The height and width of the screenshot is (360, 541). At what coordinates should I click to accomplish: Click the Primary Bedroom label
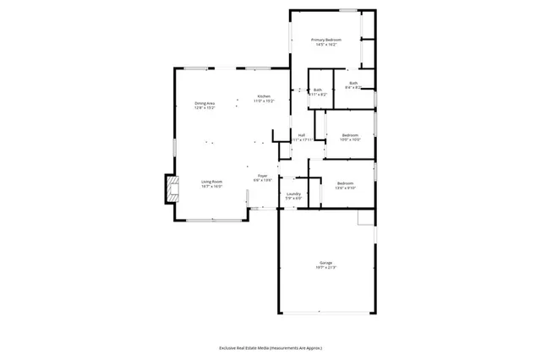(325, 39)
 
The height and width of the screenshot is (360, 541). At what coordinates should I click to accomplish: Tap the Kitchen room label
(264, 96)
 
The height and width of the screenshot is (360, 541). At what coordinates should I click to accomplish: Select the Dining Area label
(205, 104)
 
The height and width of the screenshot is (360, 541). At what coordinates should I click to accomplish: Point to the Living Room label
(211, 182)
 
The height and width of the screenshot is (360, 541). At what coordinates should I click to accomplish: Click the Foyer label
(263, 176)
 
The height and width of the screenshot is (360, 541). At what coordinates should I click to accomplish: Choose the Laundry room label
(293, 194)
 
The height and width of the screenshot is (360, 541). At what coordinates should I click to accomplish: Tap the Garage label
(325, 263)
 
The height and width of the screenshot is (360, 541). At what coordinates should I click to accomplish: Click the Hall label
(301, 135)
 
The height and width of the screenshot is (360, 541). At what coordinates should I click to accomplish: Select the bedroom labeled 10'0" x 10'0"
(350, 135)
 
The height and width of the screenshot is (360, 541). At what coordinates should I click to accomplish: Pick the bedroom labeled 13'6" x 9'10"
(345, 183)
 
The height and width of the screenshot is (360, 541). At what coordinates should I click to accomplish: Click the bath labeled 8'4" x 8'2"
(353, 83)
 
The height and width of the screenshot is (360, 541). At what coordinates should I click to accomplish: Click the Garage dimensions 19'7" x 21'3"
(325, 268)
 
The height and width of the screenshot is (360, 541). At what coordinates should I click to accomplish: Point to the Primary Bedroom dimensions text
(325, 44)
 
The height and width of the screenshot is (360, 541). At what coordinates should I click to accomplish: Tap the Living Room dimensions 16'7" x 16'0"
(211, 187)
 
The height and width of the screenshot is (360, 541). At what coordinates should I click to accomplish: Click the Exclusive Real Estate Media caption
(270, 347)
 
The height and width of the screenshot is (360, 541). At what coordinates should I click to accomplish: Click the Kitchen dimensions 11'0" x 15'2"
(264, 101)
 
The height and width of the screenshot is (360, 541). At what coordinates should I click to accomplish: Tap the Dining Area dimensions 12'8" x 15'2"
(205, 109)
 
